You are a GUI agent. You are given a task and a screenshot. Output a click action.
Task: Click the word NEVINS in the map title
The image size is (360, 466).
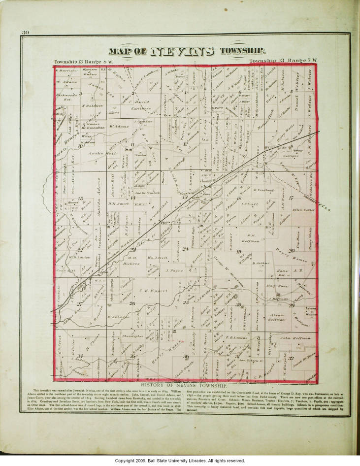tap(182, 51)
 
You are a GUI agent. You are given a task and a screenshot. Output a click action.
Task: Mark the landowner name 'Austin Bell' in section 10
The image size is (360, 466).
tap(102, 153)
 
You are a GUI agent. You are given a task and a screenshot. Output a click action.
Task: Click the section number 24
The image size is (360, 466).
tap(186, 249)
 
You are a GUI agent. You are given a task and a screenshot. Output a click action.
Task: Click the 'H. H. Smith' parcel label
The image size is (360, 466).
tap(118, 202)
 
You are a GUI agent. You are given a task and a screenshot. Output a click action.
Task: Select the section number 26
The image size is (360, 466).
tap(131, 303)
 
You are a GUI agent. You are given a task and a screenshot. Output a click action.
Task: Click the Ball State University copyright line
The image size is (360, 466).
tap(180, 461)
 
